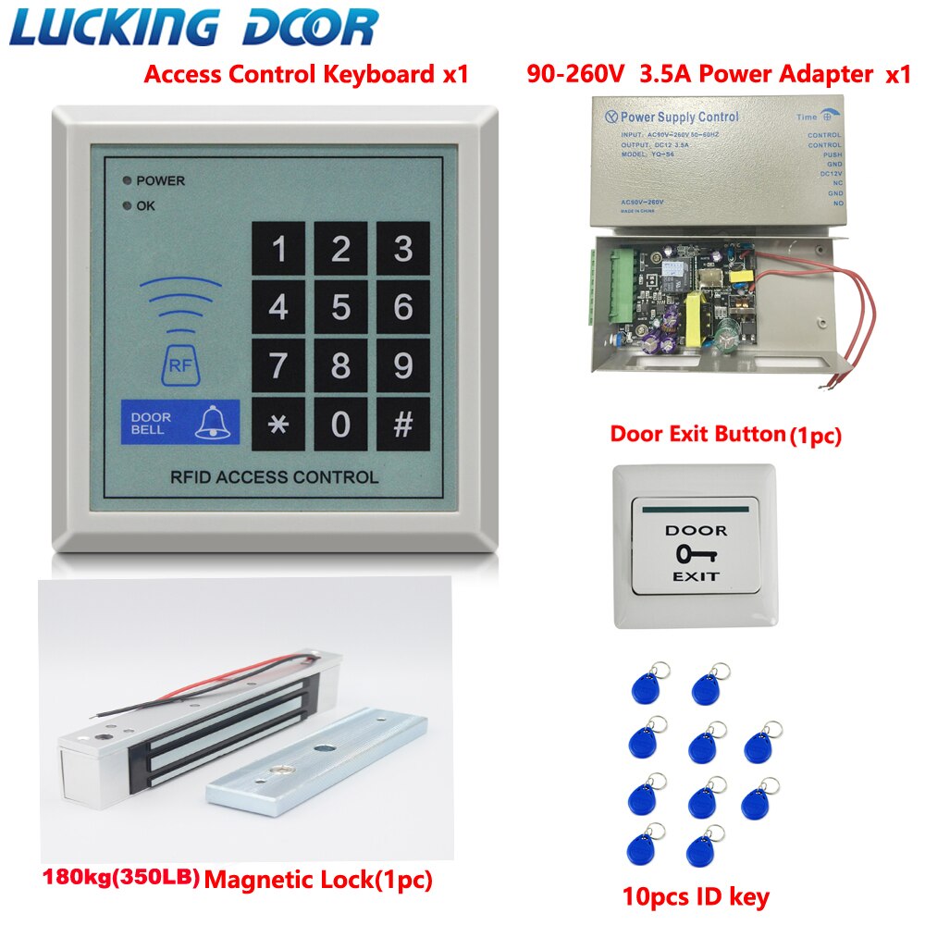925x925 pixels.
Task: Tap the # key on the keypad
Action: [x=403, y=425]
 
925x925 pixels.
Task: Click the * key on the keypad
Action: [x=277, y=425]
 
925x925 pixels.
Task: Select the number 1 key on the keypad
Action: [x=277, y=249]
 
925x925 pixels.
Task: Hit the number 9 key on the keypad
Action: [x=403, y=365]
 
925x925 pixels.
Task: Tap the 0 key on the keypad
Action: [x=340, y=425]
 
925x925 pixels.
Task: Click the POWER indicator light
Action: [x=126, y=180]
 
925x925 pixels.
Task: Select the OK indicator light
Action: [x=126, y=205]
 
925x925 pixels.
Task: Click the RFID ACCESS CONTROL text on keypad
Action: [x=274, y=477]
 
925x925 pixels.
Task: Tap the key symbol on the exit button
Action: [x=696, y=554]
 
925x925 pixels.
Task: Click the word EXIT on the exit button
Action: [x=696, y=576]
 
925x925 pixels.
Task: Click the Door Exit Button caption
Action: [x=726, y=435]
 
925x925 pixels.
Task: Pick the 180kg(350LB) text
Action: [x=121, y=875]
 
